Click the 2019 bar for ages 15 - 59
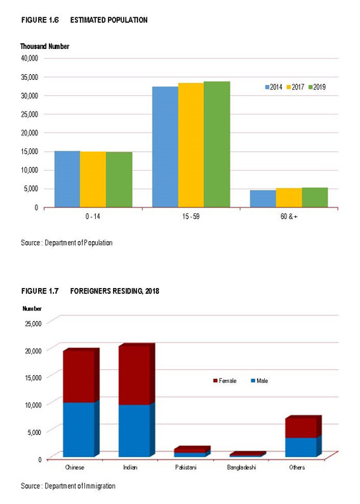tap(217, 144)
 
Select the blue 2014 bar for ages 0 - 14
tap(67, 179)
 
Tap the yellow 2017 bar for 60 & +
tap(289, 198)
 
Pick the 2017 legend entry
tap(295, 87)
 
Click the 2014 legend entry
tap(274, 87)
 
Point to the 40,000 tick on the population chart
tap(30, 58)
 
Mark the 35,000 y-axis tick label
tap(30, 77)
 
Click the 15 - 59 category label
tap(191, 216)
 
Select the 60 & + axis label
tap(289, 216)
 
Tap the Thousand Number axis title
tap(45, 46)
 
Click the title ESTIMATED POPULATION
tap(109, 20)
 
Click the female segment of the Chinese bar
tap(78, 377)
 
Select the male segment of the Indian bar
tap(135, 431)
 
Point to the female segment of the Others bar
tap(301, 428)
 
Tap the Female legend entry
tap(225, 381)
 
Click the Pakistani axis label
tap(186, 467)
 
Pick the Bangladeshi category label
tap(241, 467)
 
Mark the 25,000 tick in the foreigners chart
tap(33, 323)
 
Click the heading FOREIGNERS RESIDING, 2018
tap(114, 291)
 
